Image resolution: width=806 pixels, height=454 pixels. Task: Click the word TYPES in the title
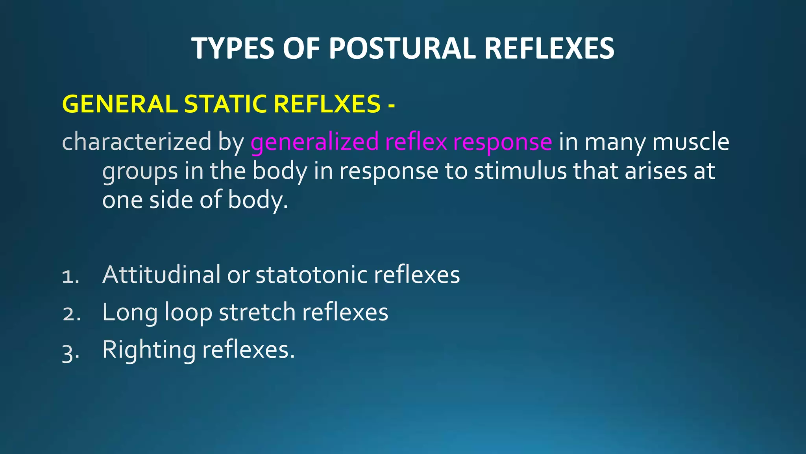coord(233,48)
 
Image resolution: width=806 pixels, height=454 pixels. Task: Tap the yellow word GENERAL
coord(120,104)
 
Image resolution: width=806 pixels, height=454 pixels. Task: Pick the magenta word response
coord(502,143)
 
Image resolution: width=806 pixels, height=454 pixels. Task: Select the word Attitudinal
coord(161,274)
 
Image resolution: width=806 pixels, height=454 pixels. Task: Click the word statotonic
coord(311,275)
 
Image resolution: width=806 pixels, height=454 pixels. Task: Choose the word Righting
coord(149,350)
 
